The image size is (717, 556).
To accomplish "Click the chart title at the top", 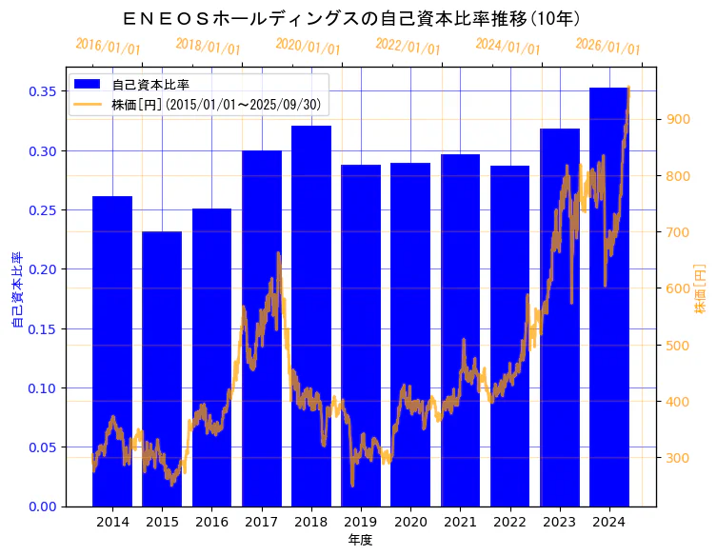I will click(352, 18).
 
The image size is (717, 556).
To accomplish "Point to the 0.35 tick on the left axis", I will click(43, 91).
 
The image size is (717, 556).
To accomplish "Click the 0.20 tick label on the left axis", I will click(43, 269).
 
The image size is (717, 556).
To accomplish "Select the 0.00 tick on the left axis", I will click(43, 506).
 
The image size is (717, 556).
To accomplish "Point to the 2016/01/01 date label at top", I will click(108, 47).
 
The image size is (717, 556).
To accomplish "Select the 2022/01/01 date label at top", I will click(408, 46).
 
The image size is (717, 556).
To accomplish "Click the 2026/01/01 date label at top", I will click(607, 46).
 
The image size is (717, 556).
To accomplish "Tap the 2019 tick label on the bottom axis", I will click(361, 522).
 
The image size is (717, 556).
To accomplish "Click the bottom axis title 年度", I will click(360, 540).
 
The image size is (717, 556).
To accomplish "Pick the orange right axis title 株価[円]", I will click(701, 288).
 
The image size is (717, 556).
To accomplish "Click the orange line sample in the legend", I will click(88, 104).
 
